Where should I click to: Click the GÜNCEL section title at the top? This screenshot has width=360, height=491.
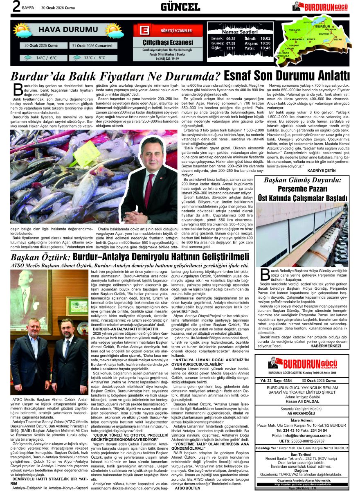[180, 7]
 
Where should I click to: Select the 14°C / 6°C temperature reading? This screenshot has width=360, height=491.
[46, 58]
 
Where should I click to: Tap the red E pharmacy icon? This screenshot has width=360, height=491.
[144, 30]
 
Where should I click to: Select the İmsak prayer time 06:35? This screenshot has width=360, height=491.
[231, 38]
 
